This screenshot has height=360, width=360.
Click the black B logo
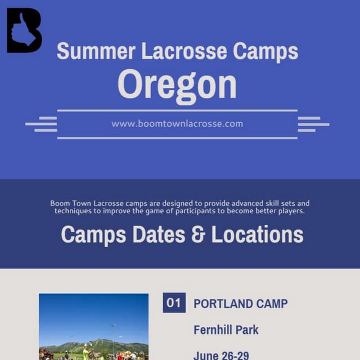(x=24, y=31)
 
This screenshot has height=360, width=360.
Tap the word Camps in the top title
(x=265, y=51)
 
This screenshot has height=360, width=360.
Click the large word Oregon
(x=177, y=84)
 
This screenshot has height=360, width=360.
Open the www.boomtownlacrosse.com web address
(x=177, y=124)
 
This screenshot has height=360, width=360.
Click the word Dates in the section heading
(x=159, y=235)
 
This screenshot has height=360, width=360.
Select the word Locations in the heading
(x=258, y=235)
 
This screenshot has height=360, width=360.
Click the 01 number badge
(x=174, y=303)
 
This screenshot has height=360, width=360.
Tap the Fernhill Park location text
(x=226, y=330)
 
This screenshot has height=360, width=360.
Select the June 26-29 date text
(x=221, y=355)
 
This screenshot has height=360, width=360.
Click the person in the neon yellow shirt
(x=86, y=352)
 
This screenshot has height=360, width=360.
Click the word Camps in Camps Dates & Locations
(x=93, y=235)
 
